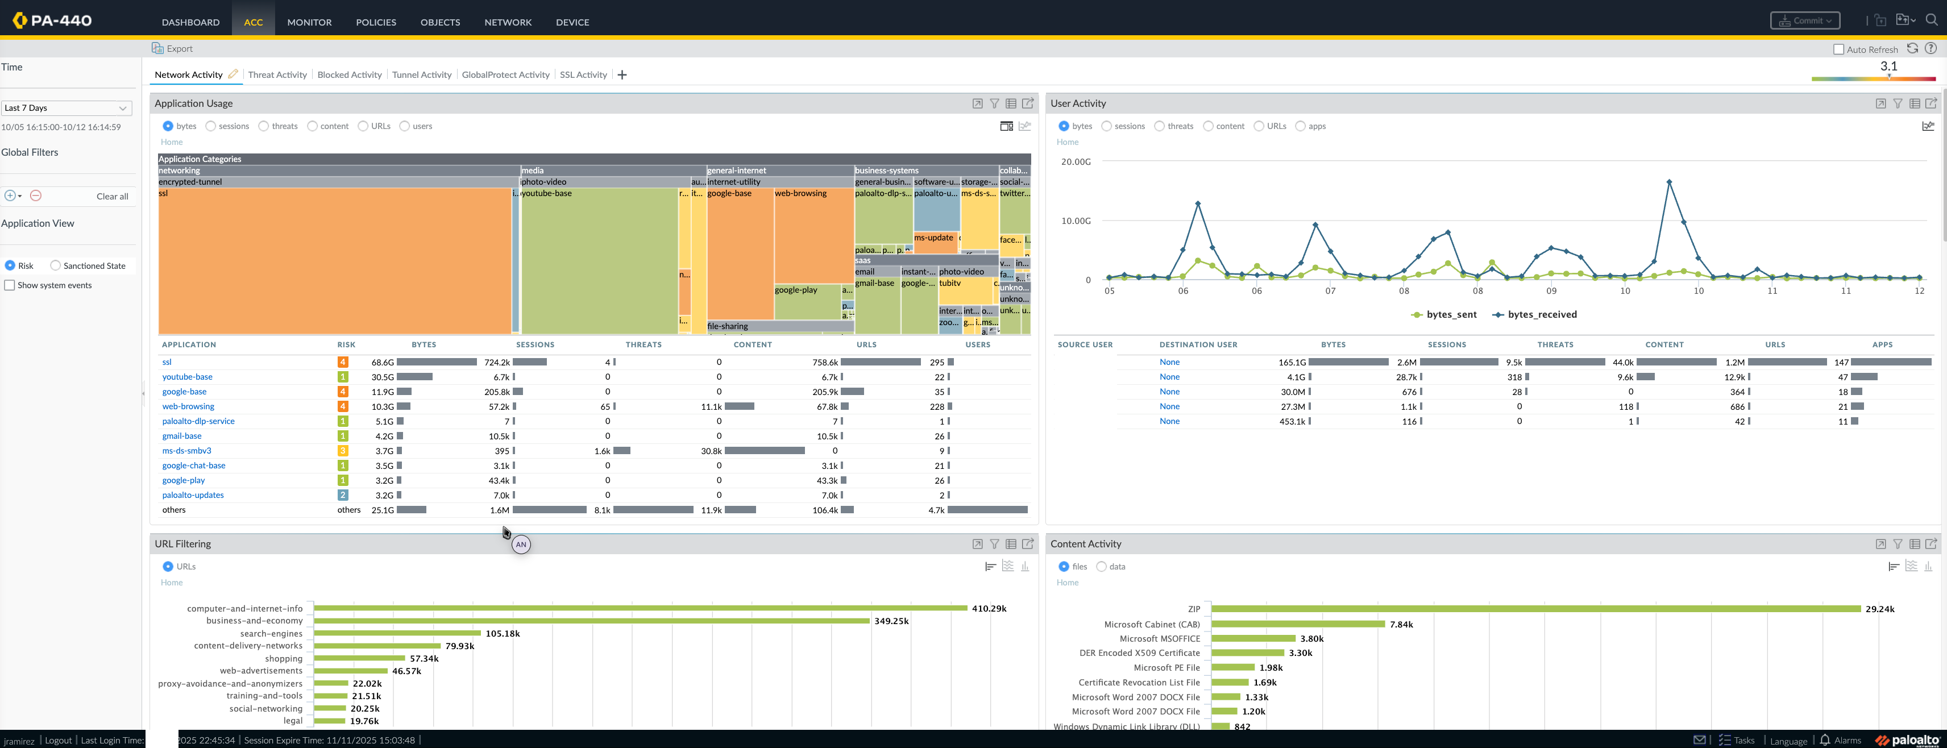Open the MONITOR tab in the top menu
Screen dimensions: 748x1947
coord(309,22)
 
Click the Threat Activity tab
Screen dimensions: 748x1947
coord(277,75)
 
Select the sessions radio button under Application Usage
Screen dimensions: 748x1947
coord(211,126)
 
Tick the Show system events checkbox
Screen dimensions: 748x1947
coord(10,285)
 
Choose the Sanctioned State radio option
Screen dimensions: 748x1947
coord(55,266)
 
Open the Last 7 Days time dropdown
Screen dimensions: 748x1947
coord(67,108)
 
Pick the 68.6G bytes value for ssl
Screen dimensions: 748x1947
coord(383,363)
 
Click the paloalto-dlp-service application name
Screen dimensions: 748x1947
coord(198,422)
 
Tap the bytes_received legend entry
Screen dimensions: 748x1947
coord(1534,315)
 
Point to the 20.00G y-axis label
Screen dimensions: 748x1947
coord(1076,161)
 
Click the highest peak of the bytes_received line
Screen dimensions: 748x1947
coord(1669,182)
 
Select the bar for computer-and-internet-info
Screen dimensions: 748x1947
coord(640,608)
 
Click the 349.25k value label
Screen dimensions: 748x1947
coord(891,621)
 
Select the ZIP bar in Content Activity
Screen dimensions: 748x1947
coord(1535,609)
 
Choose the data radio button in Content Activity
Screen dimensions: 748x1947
coord(1101,567)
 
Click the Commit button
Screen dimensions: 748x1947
coord(1804,21)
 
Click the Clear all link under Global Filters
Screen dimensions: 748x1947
coord(112,197)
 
